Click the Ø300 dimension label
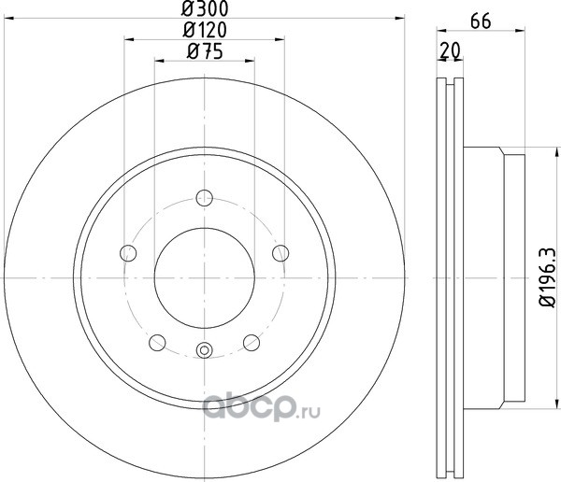205,8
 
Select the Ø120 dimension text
205,30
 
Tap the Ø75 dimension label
205,50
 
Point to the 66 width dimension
481,21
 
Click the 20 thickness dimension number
450,50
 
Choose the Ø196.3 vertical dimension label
548,276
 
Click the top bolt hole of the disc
204,198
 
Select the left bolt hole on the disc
128,253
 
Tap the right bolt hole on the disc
280,253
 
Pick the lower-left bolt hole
157,343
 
